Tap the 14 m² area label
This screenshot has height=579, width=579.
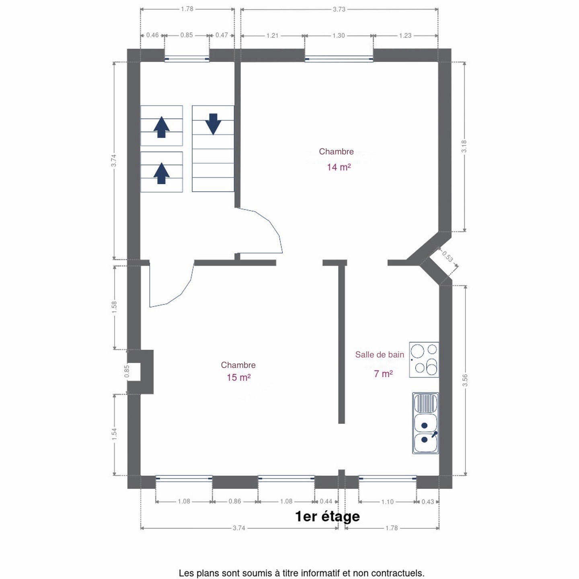[x=339, y=167]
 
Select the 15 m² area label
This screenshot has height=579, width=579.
[x=238, y=377]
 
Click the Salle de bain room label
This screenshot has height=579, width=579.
[x=380, y=355]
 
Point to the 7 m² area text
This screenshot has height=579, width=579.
[x=384, y=374]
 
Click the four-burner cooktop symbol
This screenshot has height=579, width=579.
[x=424, y=359]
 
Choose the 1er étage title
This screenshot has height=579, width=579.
[x=328, y=517]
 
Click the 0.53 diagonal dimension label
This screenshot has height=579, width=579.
[x=448, y=256]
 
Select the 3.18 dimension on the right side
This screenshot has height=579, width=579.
[x=464, y=146]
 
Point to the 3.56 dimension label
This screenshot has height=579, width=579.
[x=465, y=380]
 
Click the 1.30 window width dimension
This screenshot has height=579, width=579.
[x=339, y=35]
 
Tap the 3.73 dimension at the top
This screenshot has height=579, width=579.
[x=339, y=9]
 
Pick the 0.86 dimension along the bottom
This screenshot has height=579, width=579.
[x=235, y=501]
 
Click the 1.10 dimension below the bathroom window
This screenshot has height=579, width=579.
[x=387, y=501]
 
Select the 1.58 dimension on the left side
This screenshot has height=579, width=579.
[x=114, y=307]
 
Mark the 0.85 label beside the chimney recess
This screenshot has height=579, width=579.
[x=127, y=372]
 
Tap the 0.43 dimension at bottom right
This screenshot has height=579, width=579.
[x=428, y=501]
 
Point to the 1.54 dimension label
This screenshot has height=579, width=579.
[x=114, y=434]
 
